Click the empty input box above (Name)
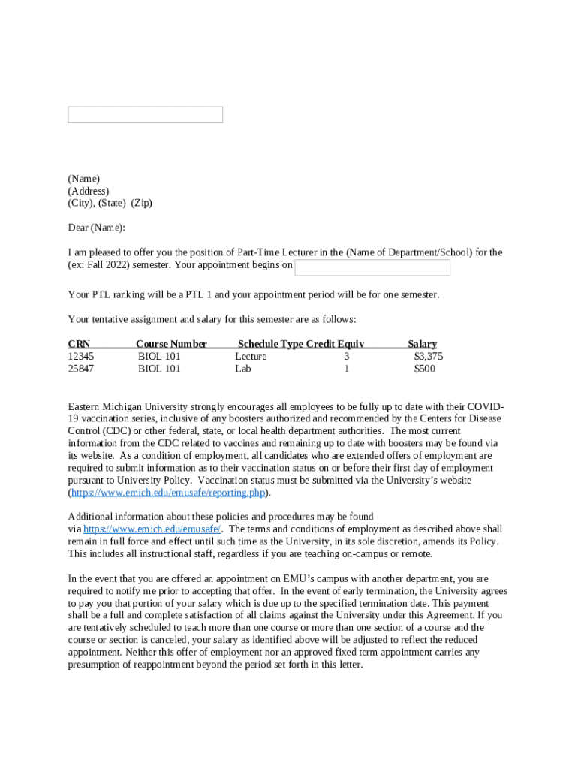[x=145, y=115]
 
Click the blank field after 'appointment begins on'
[x=372, y=268]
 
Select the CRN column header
[x=79, y=344]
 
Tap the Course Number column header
[x=171, y=344]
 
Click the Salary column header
[x=422, y=344]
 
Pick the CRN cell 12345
[x=81, y=357]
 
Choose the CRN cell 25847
[x=81, y=369]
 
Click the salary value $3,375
[x=428, y=357]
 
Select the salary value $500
[x=424, y=369]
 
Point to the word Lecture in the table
[x=251, y=357]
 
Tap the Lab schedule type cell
[x=243, y=369]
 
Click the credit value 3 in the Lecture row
[x=347, y=357]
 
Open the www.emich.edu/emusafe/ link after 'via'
[x=152, y=529]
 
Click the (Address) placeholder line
[x=88, y=191]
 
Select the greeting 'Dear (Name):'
[x=97, y=228]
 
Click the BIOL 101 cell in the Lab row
[x=159, y=369]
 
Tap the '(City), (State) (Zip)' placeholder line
[x=110, y=203]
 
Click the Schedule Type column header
[x=270, y=344]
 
